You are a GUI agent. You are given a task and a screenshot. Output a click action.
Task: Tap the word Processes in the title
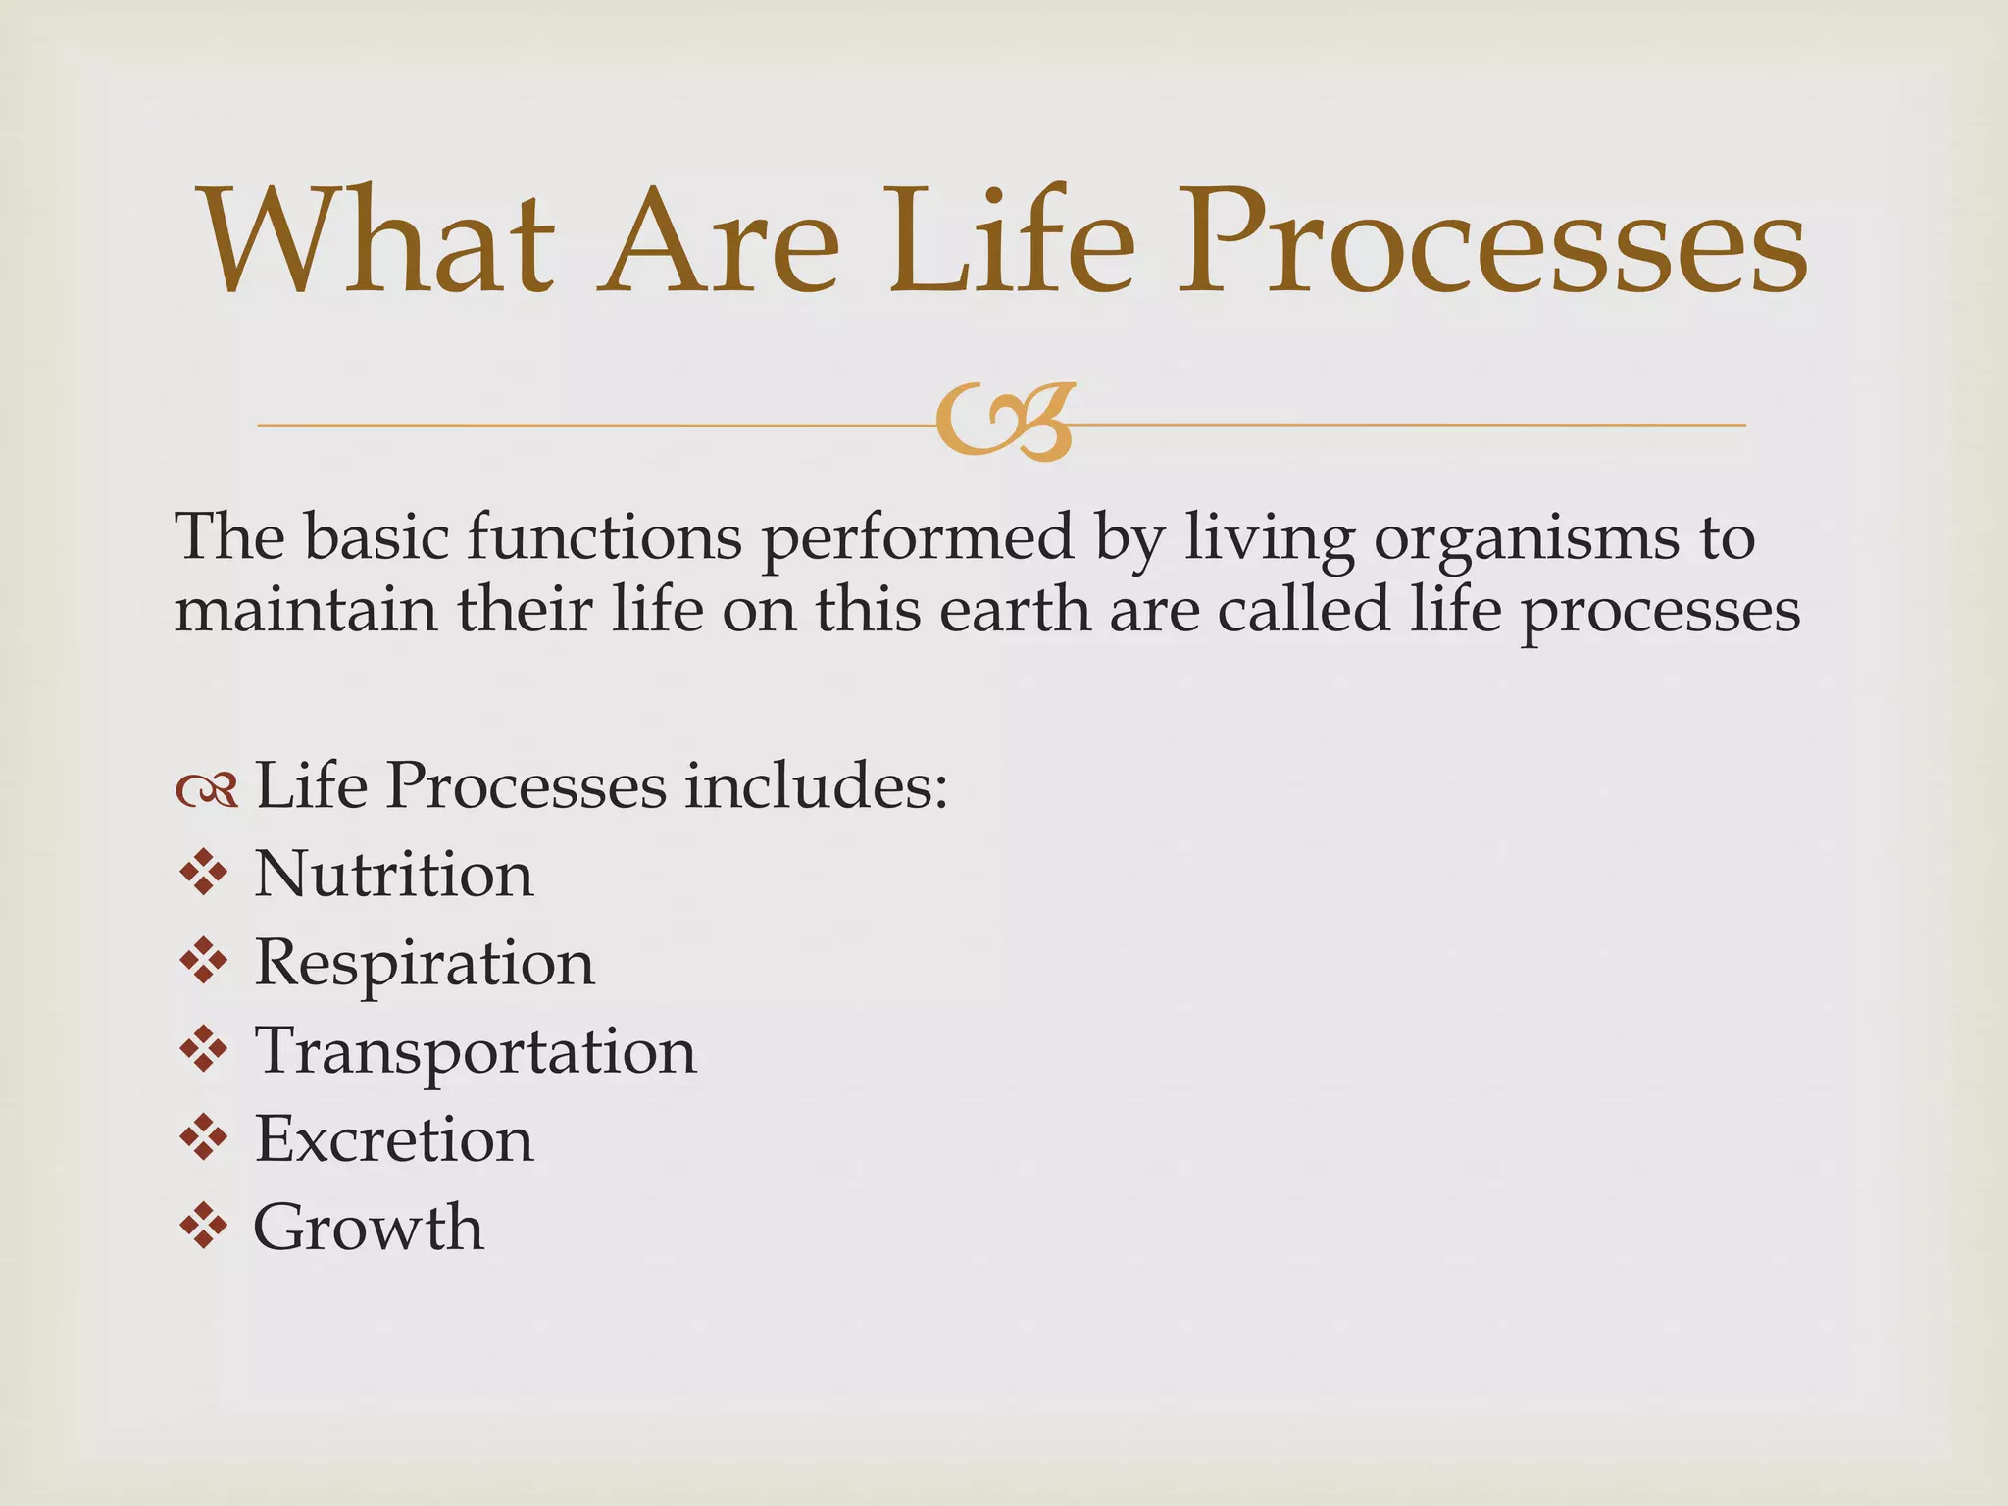pyautogui.click(x=1490, y=243)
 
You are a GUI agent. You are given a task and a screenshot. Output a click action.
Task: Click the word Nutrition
pyautogui.click(x=394, y=874)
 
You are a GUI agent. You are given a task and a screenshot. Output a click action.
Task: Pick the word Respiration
pyautogui.click(x=425, y=964)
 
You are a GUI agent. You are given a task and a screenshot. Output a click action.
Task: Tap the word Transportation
pyautogui.click(x=476, y=1051)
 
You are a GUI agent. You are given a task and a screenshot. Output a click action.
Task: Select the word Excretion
pyautogui.click(x=394, y=1139)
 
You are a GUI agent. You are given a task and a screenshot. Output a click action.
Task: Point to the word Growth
pyautogui.click(x=369, y=1228)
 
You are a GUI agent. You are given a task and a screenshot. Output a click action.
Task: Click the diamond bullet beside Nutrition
pyautogui.click(x=204, y=872)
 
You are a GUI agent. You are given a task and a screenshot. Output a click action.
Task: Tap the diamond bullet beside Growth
pyautogui.click(x=204, y=1226)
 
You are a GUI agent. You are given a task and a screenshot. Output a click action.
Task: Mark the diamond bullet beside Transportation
pyautogui.click(x=204, y=1049)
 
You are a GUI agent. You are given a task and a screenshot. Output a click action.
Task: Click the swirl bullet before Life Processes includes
pyautogui.click(x=207, y=789)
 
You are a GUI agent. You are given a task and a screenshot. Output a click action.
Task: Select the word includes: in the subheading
pyautogui.click(x=816, y=785)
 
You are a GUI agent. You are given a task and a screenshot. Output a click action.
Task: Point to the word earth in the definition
pyautogui.click(x=1016, y=610)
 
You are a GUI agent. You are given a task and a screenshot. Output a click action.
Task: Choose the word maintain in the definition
pyautogui.click(x=305, y=610)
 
